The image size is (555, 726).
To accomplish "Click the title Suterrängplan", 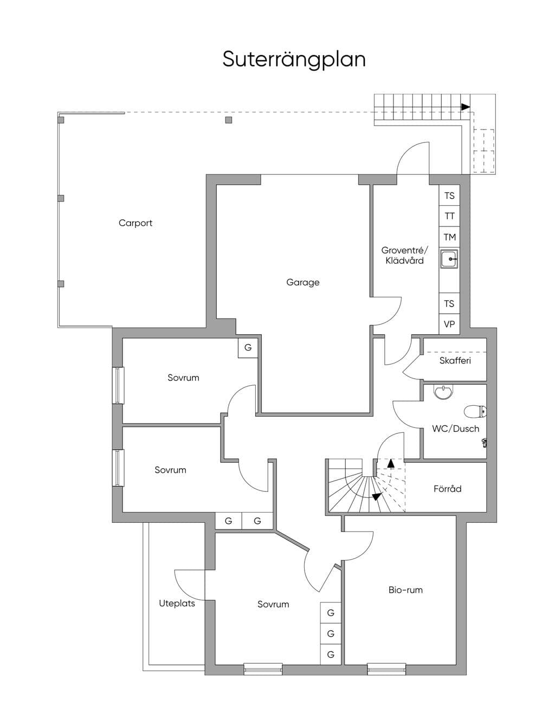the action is [x=294, y=60].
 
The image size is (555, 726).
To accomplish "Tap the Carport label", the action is [x=135, y=223].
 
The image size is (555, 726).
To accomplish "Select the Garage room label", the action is [x=302, y=282].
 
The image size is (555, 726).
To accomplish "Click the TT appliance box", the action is [x=449, y=216].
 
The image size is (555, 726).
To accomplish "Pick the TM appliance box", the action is [x=449, y=237].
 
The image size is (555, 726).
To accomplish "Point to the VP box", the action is [x=449, y=324].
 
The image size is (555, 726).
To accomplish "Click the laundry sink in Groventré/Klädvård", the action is [x=449, y=258].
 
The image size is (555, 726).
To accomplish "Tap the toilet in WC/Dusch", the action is [x=475, y=412].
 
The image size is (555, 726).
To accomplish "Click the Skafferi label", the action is [x=455, y=360].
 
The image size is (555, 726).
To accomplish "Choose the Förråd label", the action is [x=447, y=489].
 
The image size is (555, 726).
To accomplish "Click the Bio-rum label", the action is [x=405, y=590].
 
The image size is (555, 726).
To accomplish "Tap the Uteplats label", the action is [x=177, y=604].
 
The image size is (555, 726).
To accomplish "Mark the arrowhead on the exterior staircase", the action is [x=466, y=107].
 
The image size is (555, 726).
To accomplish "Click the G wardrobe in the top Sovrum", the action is [x=248, y=348].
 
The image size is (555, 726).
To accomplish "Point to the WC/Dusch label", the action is [x=455, y=429].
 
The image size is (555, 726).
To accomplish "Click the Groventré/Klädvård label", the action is [x=404, y=255].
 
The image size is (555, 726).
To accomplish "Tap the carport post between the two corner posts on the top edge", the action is [x=228, y=120].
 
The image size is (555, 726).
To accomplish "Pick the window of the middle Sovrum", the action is [x=118, y=468].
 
